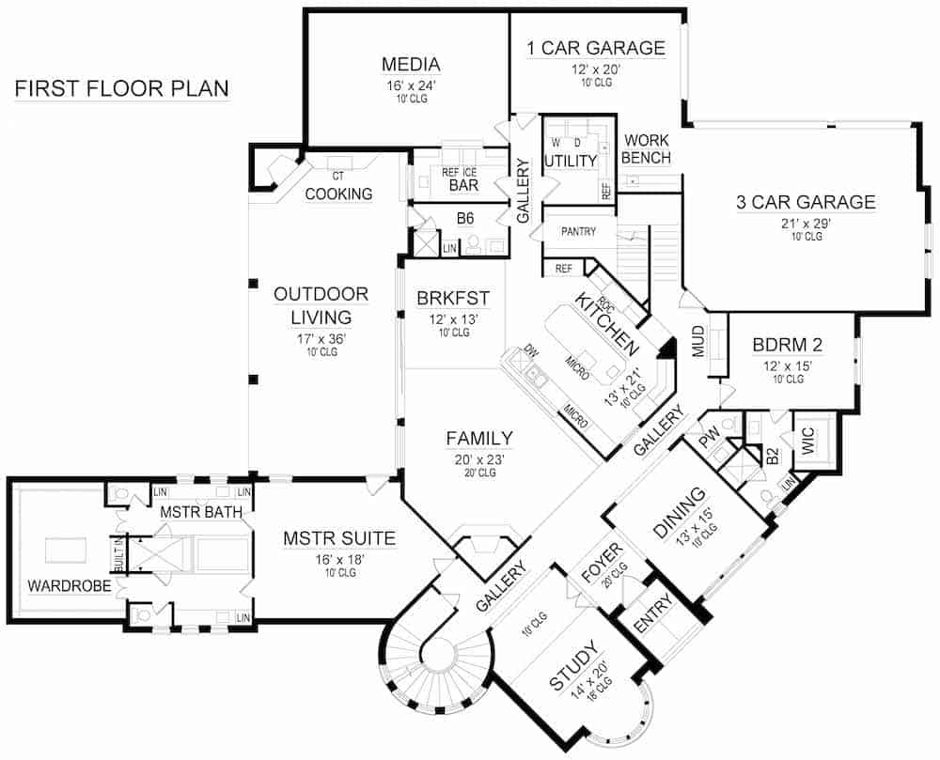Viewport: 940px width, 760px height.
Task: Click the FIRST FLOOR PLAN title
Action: (x=121, y=89)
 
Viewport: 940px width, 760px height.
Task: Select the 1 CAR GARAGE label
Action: (x=595, y=48)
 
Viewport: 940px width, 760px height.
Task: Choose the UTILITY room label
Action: (x=571, y=161)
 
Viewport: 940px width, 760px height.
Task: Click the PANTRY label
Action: (x=578, y=231)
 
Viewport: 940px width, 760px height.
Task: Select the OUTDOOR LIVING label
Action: (x=321, y=305)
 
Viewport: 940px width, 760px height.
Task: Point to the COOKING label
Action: (x=338, y=194)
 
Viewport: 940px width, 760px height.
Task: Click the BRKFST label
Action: (x=453, y=299)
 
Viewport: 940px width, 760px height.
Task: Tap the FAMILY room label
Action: (x=479, y=438)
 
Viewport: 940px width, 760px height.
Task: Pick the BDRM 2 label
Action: (x=788, y=345)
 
